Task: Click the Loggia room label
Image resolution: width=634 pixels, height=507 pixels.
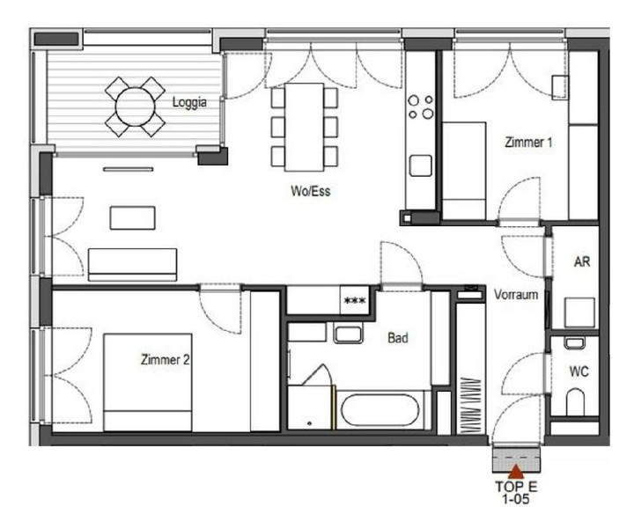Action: click(x=189, y=102)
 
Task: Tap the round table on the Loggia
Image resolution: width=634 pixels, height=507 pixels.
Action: click(x=135, y=107)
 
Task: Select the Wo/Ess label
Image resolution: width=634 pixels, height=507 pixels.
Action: click(x=311, y=191)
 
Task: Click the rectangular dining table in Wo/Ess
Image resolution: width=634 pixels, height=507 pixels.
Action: click(x=304, y=128)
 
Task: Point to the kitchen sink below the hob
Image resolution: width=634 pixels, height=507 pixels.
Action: click(x=421, y=165)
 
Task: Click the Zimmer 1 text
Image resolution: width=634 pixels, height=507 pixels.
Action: click(x=528, y=143)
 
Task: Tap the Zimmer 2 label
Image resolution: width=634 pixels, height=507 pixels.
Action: click(x=165, y=359)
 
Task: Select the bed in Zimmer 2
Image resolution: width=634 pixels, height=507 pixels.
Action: click(x=148, y=383)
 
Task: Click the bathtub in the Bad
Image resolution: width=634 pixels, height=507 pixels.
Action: click(x=380, y=410)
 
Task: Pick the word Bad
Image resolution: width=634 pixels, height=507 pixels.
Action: click(x=398, y=338)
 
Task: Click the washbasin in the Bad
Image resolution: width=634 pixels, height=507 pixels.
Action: click(x=348, y=333)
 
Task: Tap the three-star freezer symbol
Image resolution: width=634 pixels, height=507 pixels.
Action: click(x=355, y=301)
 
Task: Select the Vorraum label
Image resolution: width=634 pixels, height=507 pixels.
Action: click(x=516, y=294)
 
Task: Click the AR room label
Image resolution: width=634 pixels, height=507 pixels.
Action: click(x=582, y=261)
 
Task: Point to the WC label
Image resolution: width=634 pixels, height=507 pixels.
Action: click(x=579, y=371)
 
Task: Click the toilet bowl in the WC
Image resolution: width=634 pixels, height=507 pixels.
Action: click(x=575, y=402)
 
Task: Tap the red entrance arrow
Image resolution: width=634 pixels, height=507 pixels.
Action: click(x=516, y=472)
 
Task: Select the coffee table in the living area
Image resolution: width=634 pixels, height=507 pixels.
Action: click(x=133, y=218)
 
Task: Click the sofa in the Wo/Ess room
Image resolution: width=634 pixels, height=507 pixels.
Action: click(x=133, y=265)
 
